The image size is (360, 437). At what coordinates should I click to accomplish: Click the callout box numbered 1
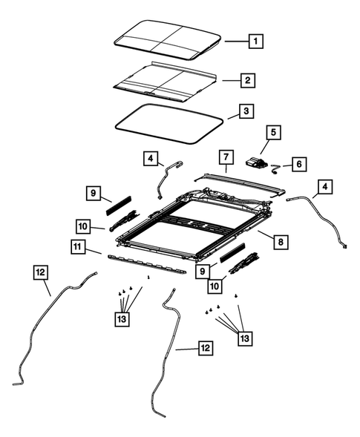(x=255, y=42)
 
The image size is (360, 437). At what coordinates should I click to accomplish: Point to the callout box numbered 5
(x=273, y=132)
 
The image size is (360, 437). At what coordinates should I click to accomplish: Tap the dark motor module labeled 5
(x=258, y=164)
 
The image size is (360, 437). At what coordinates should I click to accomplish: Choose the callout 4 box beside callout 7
(x=151, y=159)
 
